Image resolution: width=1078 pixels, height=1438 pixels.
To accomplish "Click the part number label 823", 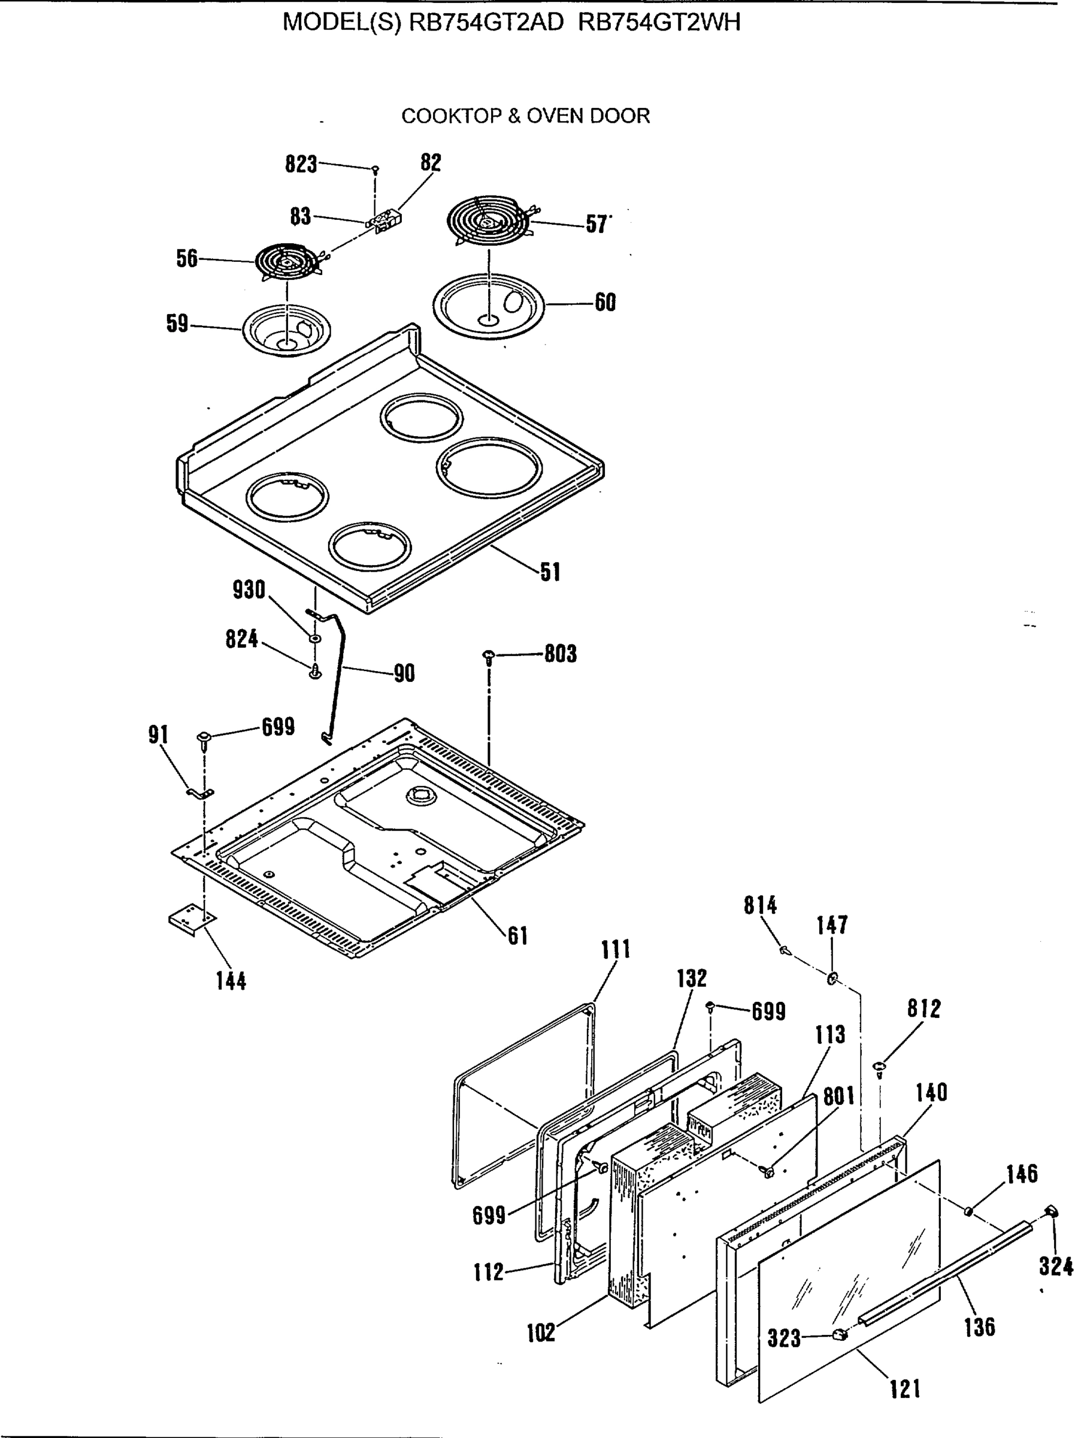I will coord(301,164).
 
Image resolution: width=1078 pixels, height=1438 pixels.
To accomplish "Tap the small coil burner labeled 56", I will coord(286,262).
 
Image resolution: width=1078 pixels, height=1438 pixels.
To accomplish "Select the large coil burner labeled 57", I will coord(489,220).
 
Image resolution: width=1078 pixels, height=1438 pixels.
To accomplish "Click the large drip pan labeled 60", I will coord(488,307).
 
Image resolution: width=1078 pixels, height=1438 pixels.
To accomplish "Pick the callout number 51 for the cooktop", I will coord(550,572).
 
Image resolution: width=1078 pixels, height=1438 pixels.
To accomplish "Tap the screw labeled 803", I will coord(489,656).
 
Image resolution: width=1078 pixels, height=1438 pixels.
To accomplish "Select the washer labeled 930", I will coord(315,638).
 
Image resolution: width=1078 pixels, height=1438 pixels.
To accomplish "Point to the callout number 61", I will coord(517,935).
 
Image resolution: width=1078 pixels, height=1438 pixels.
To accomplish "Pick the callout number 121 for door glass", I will coord(904,1389).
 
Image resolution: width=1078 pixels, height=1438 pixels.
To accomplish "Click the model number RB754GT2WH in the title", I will coord(659,23).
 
